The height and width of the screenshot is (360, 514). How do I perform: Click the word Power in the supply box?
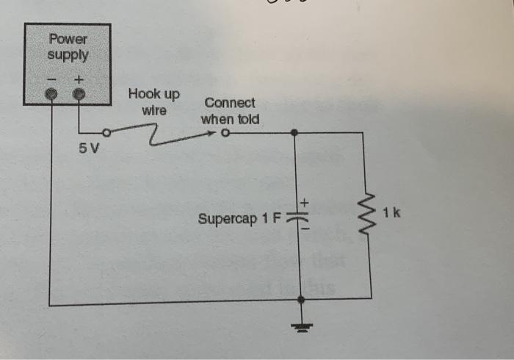[68, 40]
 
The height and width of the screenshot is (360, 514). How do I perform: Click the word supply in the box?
[68, 54]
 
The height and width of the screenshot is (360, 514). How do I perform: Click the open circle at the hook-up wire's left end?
[107, 133]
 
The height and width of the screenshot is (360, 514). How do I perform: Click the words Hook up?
[153, 95]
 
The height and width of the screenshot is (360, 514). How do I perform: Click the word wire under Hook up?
[153, 111]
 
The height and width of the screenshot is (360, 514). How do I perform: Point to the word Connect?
[230, 103]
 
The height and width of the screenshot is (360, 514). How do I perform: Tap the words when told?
[230, 118]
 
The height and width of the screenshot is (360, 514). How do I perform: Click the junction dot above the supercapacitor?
[294, 133]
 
